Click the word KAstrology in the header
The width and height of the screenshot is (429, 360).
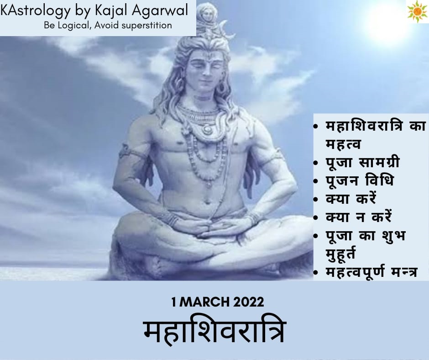36,11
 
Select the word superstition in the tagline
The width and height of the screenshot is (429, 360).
146,26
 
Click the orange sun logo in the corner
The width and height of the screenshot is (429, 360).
417,11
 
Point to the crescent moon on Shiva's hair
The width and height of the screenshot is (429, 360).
228,30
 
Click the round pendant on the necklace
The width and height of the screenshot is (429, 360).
207,129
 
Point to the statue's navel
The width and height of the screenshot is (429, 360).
207,202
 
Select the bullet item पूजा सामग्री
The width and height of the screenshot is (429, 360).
363,162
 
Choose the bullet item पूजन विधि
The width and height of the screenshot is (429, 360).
360,180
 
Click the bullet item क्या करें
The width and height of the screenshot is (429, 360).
351,199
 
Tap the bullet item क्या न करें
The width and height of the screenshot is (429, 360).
359,217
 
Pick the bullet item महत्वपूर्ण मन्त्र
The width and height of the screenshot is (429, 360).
371,272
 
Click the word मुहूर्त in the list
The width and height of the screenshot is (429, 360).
340,253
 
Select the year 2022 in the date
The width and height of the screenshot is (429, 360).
249,302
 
